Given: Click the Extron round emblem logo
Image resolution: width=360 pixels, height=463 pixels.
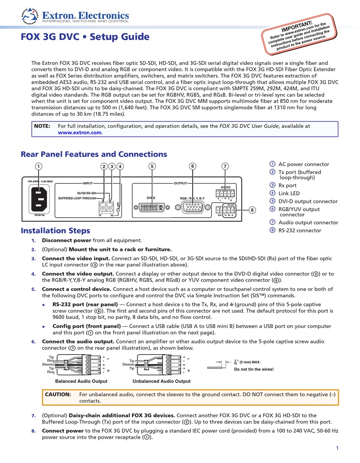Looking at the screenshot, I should (30, 16).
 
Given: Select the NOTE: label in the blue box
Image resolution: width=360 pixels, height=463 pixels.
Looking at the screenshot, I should (42, 126).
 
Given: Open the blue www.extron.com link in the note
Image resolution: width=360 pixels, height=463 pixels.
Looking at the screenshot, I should (80, 133).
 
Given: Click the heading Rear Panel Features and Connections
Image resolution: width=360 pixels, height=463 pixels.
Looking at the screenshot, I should (94, 154).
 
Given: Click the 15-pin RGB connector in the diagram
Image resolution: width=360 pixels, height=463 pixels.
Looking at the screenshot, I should (193, 207).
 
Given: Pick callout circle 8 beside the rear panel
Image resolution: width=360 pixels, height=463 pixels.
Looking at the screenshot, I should (252, 210).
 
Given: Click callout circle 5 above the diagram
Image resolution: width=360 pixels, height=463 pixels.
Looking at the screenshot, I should (152, 166).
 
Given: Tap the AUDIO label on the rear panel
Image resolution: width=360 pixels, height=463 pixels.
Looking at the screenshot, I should (225, 187).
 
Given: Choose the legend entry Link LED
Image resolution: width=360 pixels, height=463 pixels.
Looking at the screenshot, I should (289, 193).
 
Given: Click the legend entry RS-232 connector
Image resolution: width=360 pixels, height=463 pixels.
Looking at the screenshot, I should (299, 230).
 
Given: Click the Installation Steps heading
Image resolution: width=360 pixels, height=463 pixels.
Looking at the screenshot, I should (55, 231).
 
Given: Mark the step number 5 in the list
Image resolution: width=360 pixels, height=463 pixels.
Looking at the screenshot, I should (33, 289).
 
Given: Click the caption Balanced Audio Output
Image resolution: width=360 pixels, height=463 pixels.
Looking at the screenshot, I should (81, 381).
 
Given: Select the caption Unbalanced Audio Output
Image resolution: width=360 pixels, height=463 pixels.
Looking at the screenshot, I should (161, 381).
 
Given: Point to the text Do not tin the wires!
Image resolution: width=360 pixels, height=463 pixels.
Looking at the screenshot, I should (254, 369).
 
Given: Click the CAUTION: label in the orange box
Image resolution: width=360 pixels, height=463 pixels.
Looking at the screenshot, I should (58, 394).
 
